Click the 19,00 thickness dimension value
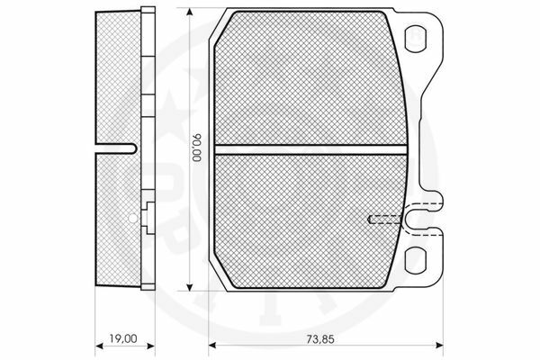[123, 338]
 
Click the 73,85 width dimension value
[320, 339]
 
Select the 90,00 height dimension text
[198, 148]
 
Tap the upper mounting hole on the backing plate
[415, 40]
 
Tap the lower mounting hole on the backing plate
[415, 260]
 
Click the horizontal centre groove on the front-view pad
[310, 149]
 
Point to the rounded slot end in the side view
[132, 148]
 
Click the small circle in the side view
[132, 218]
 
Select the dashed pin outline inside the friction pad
[385, 220]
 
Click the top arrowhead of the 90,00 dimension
[189, 12]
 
